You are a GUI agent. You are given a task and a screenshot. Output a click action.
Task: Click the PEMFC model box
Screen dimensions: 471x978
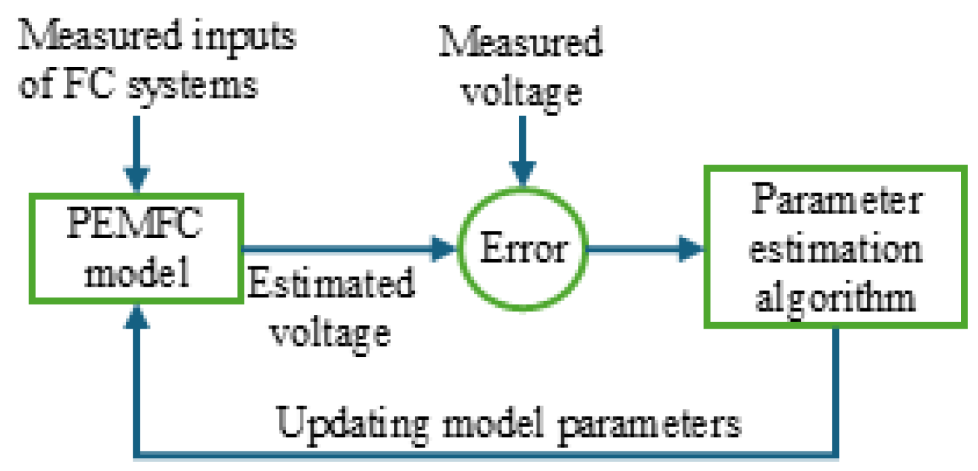point(137,249)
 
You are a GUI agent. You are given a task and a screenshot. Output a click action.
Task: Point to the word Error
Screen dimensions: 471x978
point(522,250)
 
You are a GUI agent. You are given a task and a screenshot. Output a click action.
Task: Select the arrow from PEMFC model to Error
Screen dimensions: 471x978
point(348,249)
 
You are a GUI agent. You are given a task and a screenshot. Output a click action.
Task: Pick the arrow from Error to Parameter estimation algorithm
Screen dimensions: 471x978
point(643,249)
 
